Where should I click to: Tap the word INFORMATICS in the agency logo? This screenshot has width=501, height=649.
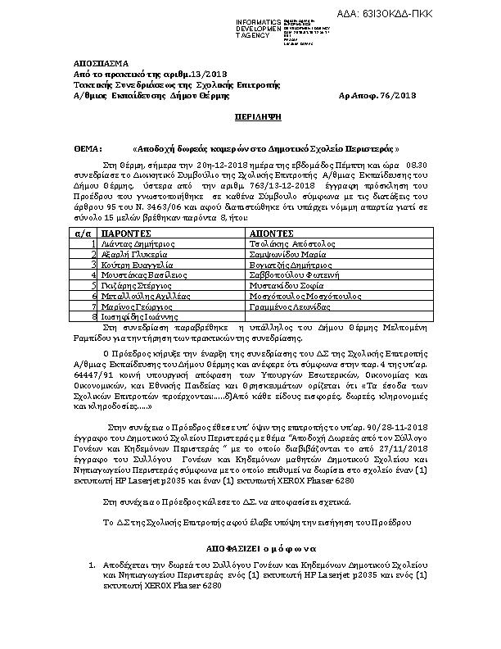259,20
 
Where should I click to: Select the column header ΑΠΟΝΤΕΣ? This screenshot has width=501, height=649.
275,233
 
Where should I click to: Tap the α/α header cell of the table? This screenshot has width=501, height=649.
84,233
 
